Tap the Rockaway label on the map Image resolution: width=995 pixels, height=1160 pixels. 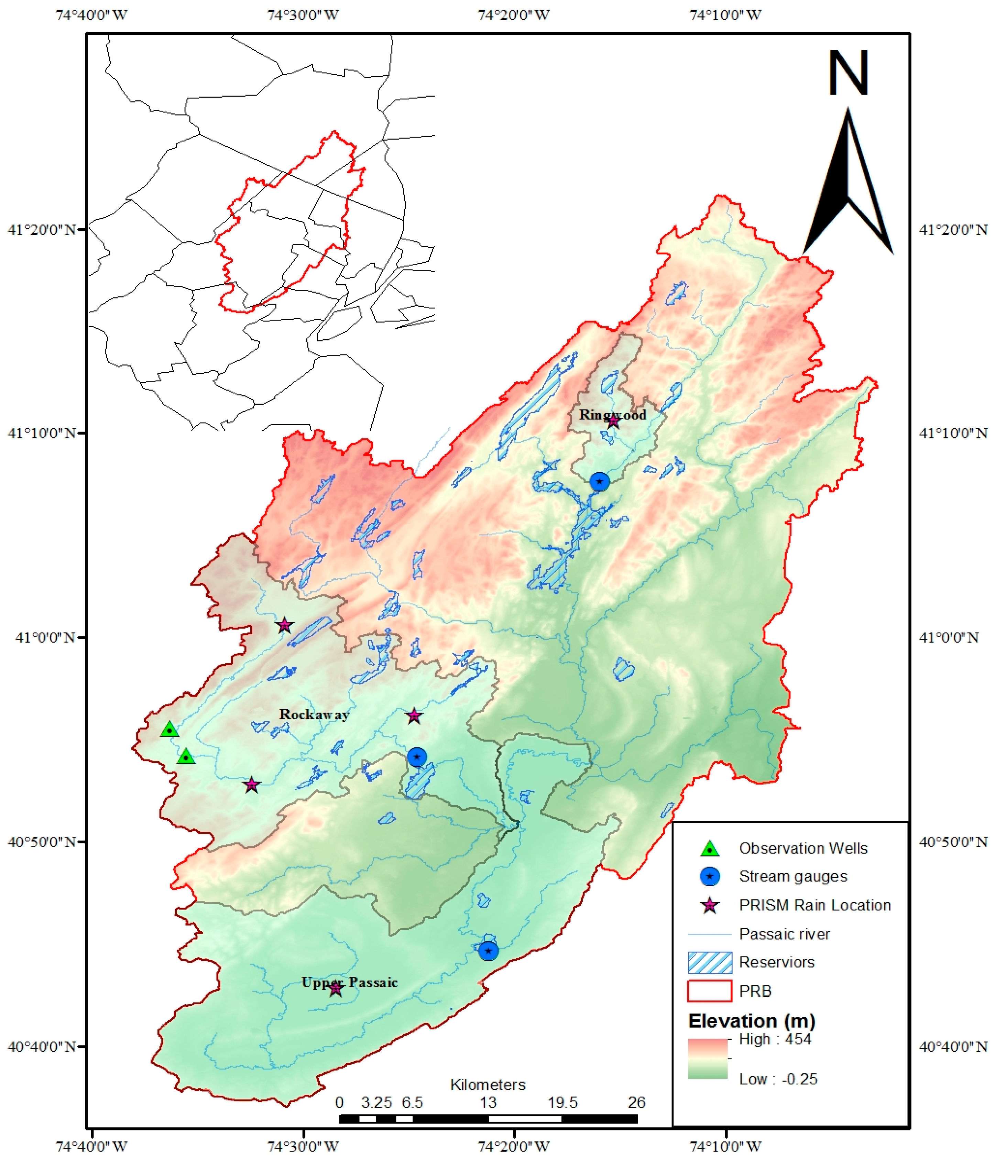click(314, 714)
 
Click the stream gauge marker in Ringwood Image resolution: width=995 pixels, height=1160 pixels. click(600, 481)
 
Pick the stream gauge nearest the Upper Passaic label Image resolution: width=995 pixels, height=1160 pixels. click(488, 951)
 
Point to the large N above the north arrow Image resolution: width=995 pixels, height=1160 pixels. click(848, 73)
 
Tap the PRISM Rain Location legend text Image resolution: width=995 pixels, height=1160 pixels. click(815, 905)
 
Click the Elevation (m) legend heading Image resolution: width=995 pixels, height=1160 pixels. click(752, 1021)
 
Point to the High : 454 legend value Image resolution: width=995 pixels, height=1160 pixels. click(775, 1039)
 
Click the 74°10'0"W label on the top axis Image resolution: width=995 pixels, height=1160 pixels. click(725, 15)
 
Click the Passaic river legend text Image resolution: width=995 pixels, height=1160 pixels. click(785, 934)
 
